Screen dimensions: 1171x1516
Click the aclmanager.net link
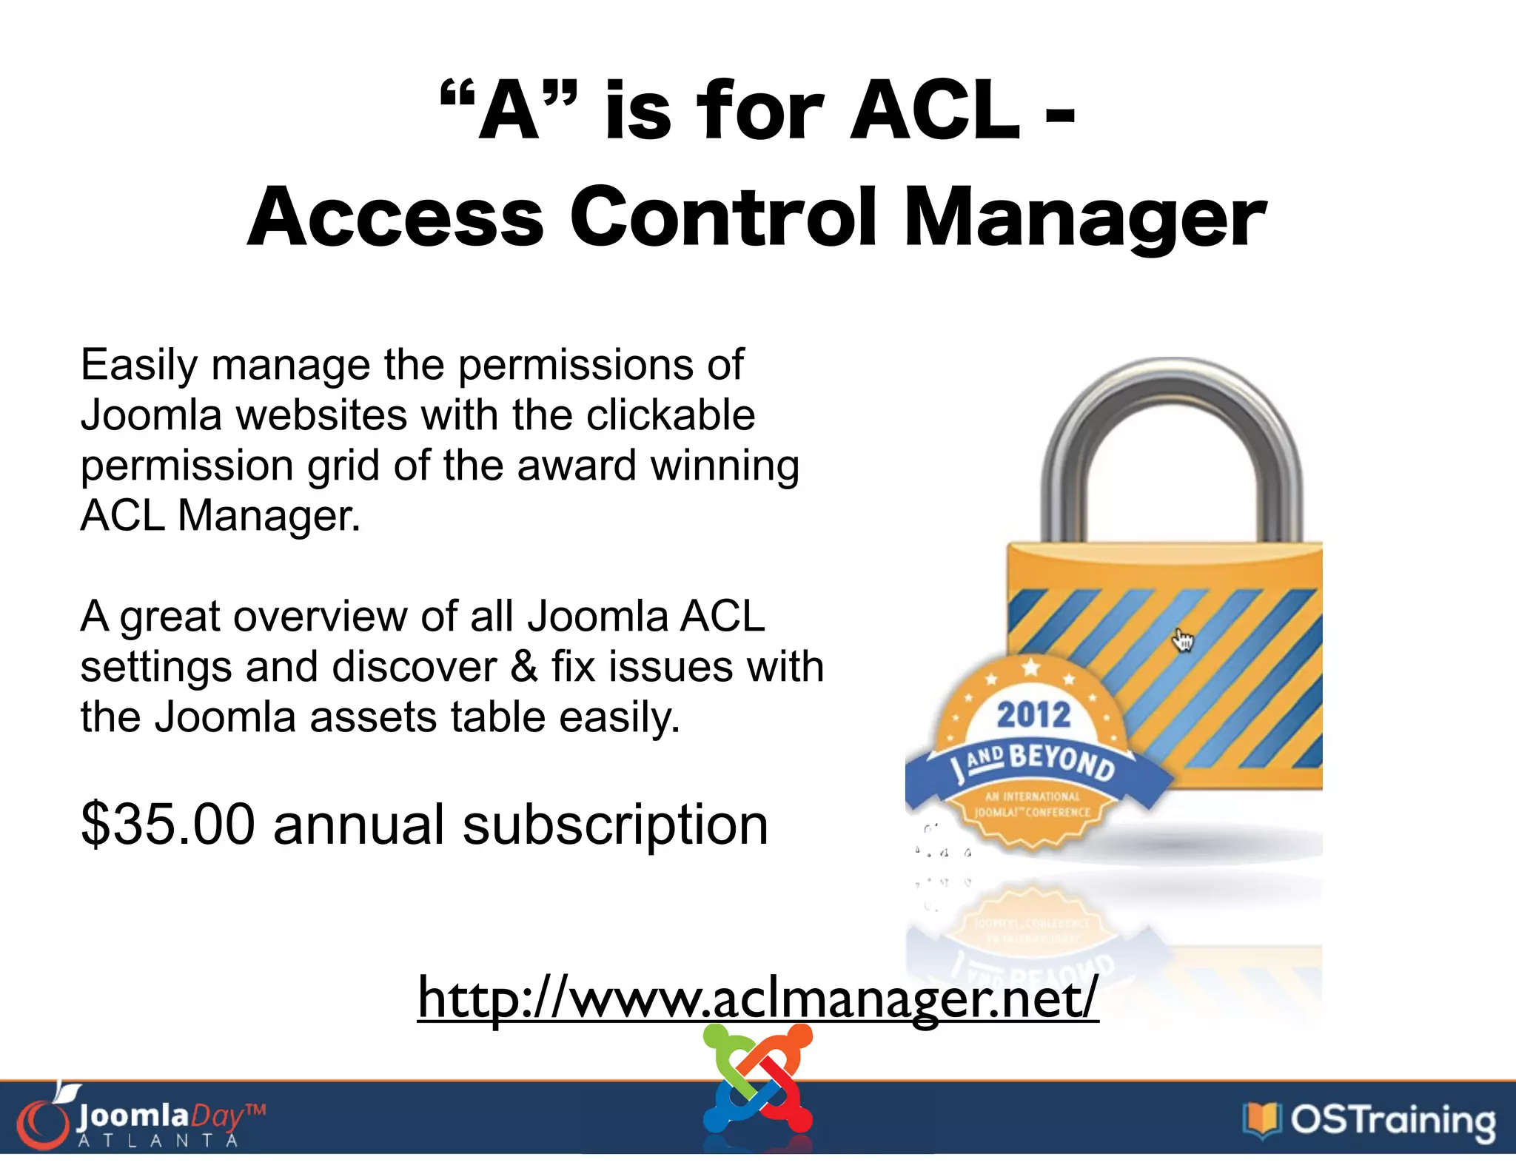pyautogui.click(x=757, y=998)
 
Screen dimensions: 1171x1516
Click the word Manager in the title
pyautogui.click(x=1084, y=218)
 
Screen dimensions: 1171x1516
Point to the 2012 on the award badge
pyautogui.click(x=1033, y=716)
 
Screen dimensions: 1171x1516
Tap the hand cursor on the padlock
pyautogui.click(x=1183, y=640)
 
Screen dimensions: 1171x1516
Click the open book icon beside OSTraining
pyautogui.click(x=1261, y=1120)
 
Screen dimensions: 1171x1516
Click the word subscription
pyautogui.click(x=615, y=825)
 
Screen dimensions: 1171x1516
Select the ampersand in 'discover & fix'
pyautogui.click(x=523, y=666)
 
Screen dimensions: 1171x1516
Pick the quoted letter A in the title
pyautogui.click(x=508, y=111)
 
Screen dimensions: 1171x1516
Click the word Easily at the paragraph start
pyautogui.click(x=139, y=365)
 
